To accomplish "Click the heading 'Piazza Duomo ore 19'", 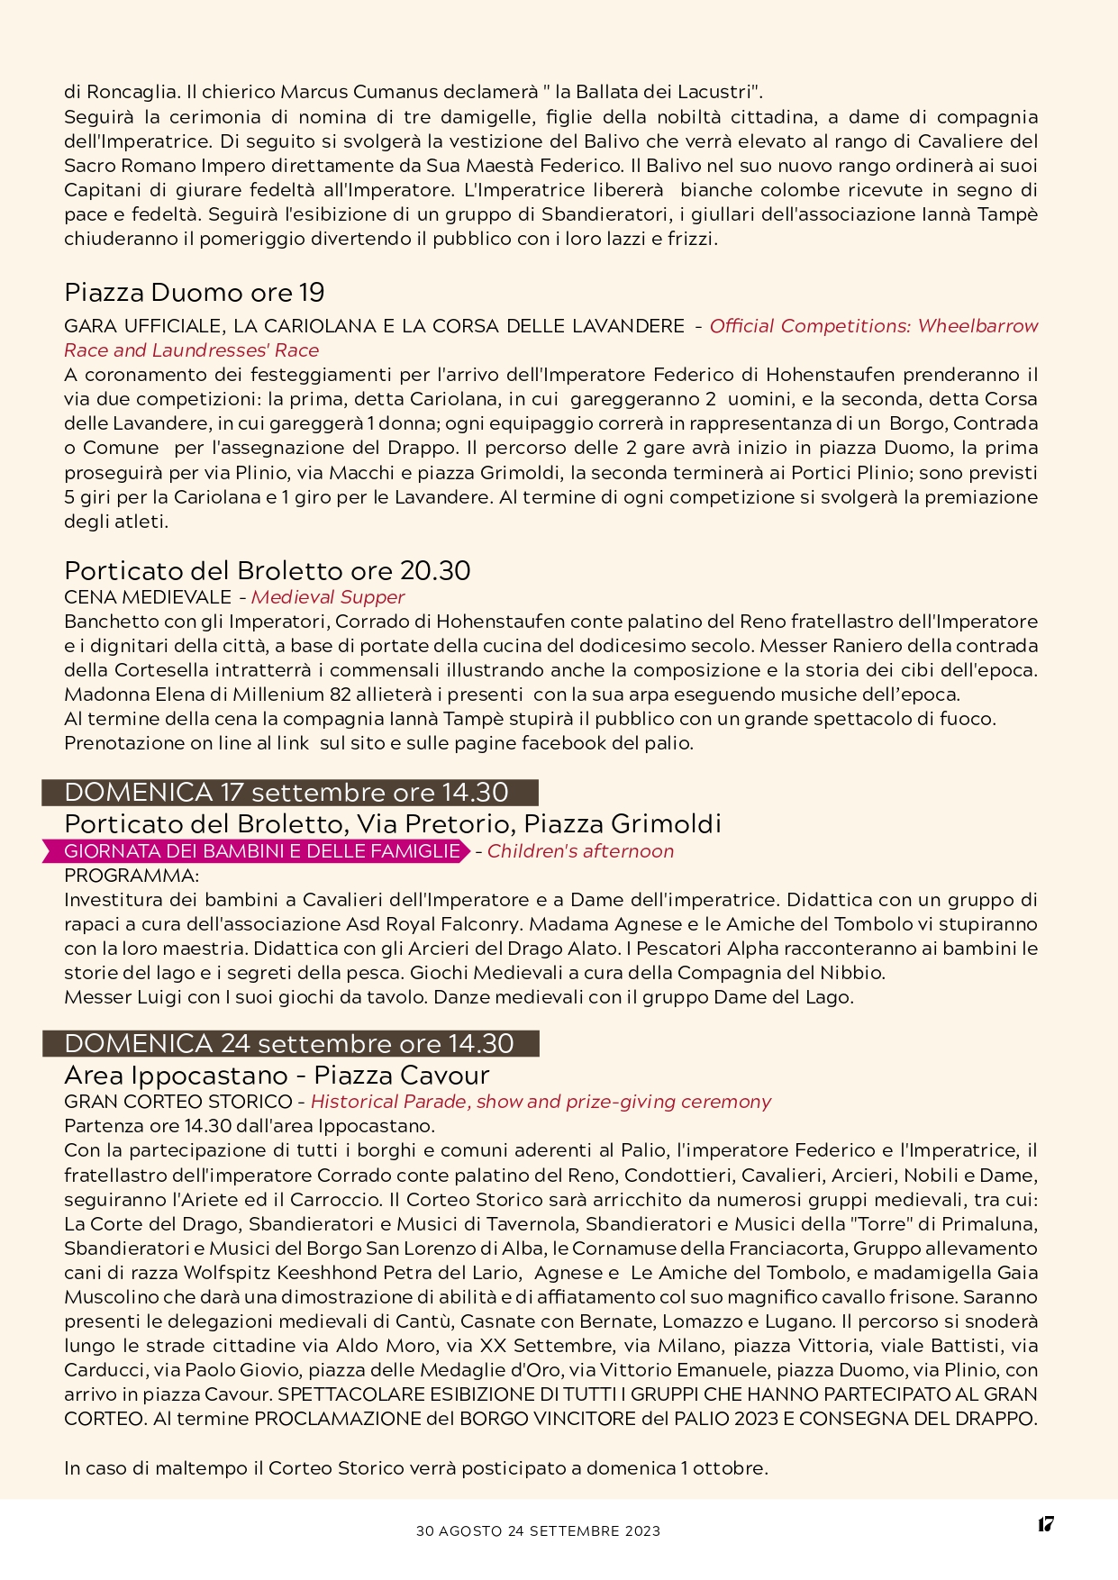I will tap(195, 293).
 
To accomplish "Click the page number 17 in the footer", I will tap(1045, 1524).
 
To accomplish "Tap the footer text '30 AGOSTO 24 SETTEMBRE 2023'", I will tap(538, 1530).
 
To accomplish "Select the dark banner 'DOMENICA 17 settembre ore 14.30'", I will tap(289, 793).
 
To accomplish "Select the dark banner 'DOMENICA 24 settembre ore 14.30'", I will tap(290, 1044).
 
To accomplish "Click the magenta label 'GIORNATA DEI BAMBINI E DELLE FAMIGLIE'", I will tap(261, 851).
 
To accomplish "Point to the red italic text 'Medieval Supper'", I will tap(328, 597).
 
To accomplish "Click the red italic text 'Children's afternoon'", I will tap(580, 851).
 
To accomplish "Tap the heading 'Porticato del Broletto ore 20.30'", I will tap(267, 571).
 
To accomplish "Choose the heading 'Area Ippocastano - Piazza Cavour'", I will tap(277, 1076).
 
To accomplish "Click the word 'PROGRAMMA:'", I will tap(132, 876).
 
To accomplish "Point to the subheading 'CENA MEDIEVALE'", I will tap(148, 597).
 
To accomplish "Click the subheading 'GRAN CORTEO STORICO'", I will tap(178, 1102).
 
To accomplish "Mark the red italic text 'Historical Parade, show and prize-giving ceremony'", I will tap(541, 1102).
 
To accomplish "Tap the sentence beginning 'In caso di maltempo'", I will tap(415, 1468).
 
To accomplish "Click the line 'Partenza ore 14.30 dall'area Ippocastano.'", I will tap(250, 1126).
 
